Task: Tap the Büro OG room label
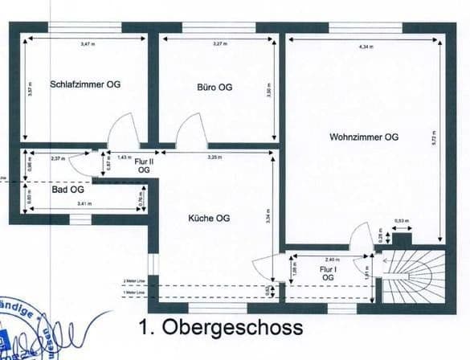[215, 86]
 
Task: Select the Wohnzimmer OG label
[363, 137]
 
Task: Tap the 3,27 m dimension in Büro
[217, 43]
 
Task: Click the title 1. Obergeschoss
[220, 328]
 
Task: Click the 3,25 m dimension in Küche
[214, 157]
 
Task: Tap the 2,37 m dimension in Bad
[57, 158]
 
